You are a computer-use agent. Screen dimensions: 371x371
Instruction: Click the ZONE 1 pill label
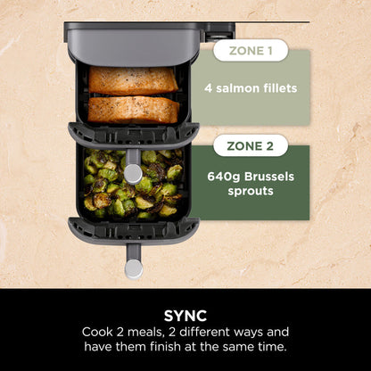251,50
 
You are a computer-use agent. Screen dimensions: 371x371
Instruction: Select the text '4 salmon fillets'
262,87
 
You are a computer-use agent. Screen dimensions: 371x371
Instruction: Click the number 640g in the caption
233,176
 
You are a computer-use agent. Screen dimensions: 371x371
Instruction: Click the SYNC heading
185,314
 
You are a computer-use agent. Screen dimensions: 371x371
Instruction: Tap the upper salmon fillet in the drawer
133,80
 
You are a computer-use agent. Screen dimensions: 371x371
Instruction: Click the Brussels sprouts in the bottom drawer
132,185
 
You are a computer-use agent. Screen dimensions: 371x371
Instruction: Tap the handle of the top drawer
134,170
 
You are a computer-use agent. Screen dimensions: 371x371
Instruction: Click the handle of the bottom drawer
134,266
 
